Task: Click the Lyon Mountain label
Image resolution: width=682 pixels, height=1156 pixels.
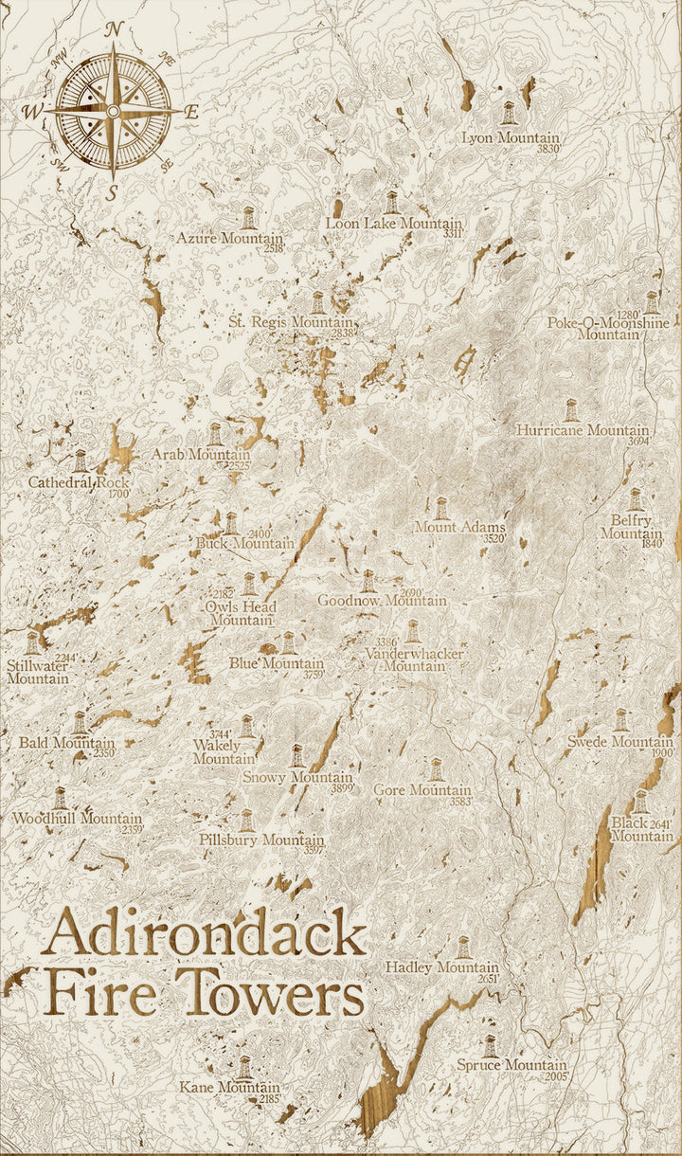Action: (x=511, y=138)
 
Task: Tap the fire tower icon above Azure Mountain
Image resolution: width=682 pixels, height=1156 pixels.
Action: (x=248, y=218)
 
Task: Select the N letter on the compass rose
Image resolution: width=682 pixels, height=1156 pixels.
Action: (x=114, y=29)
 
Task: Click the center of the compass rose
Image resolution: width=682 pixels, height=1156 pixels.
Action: (x=113, y=111)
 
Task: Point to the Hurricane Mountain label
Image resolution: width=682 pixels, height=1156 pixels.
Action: (x=583, y=430)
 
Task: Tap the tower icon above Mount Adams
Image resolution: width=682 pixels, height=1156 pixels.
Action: (x=440, y=508)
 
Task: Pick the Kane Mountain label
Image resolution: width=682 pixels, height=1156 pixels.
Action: (x=229, y=1088)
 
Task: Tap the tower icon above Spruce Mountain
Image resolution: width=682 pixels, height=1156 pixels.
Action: (x=490, y=1046)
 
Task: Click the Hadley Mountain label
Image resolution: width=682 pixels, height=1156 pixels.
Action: (x=441, y=967)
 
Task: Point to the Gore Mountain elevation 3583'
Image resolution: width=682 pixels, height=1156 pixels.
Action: (x=460, y=802)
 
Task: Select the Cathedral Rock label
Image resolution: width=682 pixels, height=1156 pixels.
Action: (x=78, y=482)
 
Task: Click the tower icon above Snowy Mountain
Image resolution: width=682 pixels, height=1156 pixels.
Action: (x=297, y=756)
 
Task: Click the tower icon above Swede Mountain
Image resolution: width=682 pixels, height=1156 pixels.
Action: (x=621, y=720)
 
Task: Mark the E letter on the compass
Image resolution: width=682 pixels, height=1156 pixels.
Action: (x=191, y=112)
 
